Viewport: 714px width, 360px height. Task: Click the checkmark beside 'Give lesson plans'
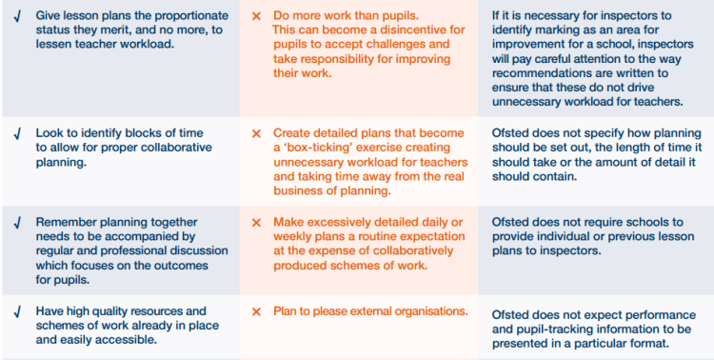click(17, 16)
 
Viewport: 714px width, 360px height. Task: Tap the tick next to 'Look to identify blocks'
click(17, 133)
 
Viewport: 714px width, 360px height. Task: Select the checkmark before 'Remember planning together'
click(17, 222)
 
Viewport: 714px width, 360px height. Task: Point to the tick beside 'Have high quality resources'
click(17, 311)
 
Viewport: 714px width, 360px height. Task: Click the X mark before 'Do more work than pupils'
click(256, 16)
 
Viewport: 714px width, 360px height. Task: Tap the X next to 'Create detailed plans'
click(256, 133)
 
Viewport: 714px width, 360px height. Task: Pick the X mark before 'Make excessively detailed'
click(256, 222)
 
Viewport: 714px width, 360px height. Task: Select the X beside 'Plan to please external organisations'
click(256, 311)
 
